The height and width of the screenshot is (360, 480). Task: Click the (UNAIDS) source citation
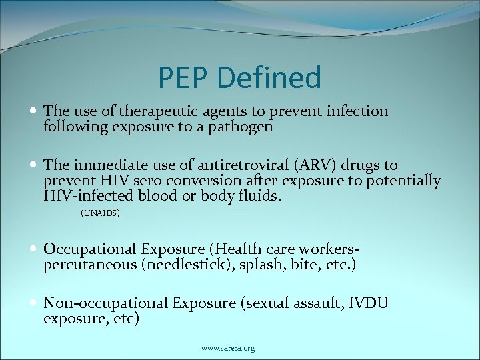100,213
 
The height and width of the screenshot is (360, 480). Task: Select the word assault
313,303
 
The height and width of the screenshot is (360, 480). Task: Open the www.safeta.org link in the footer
228,348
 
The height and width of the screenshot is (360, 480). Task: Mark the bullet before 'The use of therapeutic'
33,111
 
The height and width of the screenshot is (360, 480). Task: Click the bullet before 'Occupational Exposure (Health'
33,249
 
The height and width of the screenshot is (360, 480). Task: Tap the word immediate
104,165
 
